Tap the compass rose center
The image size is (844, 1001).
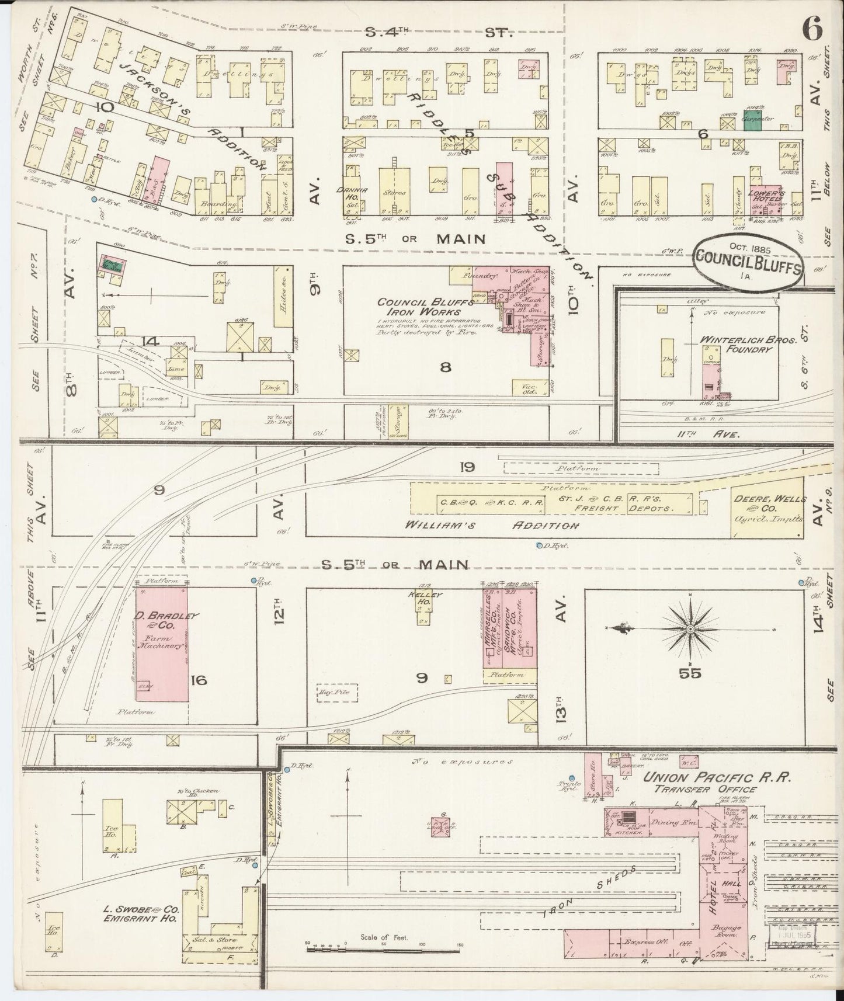(690, 628)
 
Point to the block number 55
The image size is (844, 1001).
(690, 673)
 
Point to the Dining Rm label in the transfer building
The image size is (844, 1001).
(668, 822)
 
